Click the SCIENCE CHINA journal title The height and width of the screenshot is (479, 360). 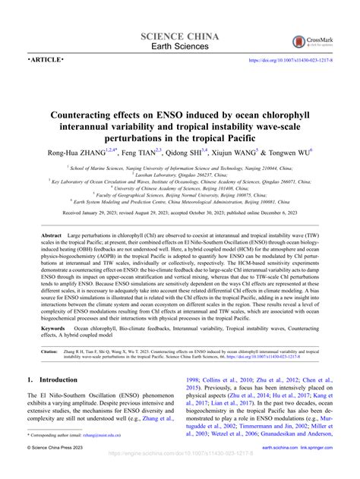click(180, 36)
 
